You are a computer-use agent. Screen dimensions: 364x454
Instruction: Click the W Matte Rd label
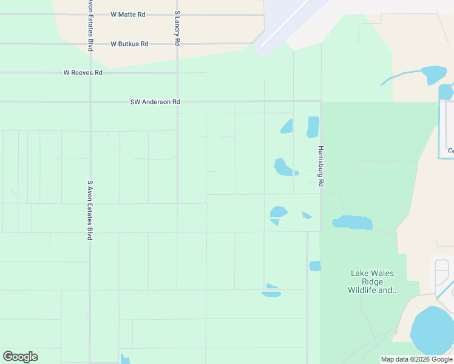tap(128, 14)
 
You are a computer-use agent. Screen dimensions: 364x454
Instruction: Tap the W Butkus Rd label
tap(129, 44)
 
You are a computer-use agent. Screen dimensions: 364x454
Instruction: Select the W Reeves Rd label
tap(83, 73)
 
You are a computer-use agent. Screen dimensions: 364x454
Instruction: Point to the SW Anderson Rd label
tap(155, 102)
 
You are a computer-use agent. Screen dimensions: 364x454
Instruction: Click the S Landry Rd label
tap(177, 29)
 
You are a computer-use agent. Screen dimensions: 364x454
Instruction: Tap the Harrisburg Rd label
tap(320, 166)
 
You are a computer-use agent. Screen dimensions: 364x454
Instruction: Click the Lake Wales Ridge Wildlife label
tap(373, 281)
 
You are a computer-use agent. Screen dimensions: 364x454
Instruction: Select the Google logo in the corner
tap(20, 357)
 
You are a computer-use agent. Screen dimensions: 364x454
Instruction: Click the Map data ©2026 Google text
tap(416, 359)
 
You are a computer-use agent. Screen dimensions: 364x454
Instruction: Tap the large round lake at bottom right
tap(433, 331)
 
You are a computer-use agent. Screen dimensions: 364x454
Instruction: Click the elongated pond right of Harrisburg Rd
tap(353, 223)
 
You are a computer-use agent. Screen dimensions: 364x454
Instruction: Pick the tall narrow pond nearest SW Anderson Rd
tap(313, 127)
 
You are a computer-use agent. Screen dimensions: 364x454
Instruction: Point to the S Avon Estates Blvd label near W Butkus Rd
tap(90, 24)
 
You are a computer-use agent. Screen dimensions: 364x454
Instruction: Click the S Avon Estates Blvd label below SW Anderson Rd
tap(90, 209)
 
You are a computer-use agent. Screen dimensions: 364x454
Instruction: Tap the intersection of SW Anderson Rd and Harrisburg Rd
tap(320, 101)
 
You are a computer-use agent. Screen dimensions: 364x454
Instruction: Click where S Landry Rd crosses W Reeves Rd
tap(177, 73)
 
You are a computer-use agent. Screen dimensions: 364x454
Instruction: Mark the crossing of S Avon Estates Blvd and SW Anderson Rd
tap(90, 102)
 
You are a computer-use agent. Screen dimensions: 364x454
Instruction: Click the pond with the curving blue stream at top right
tap(434, 75)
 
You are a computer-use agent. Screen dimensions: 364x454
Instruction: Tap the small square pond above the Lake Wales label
tap(315, 266)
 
